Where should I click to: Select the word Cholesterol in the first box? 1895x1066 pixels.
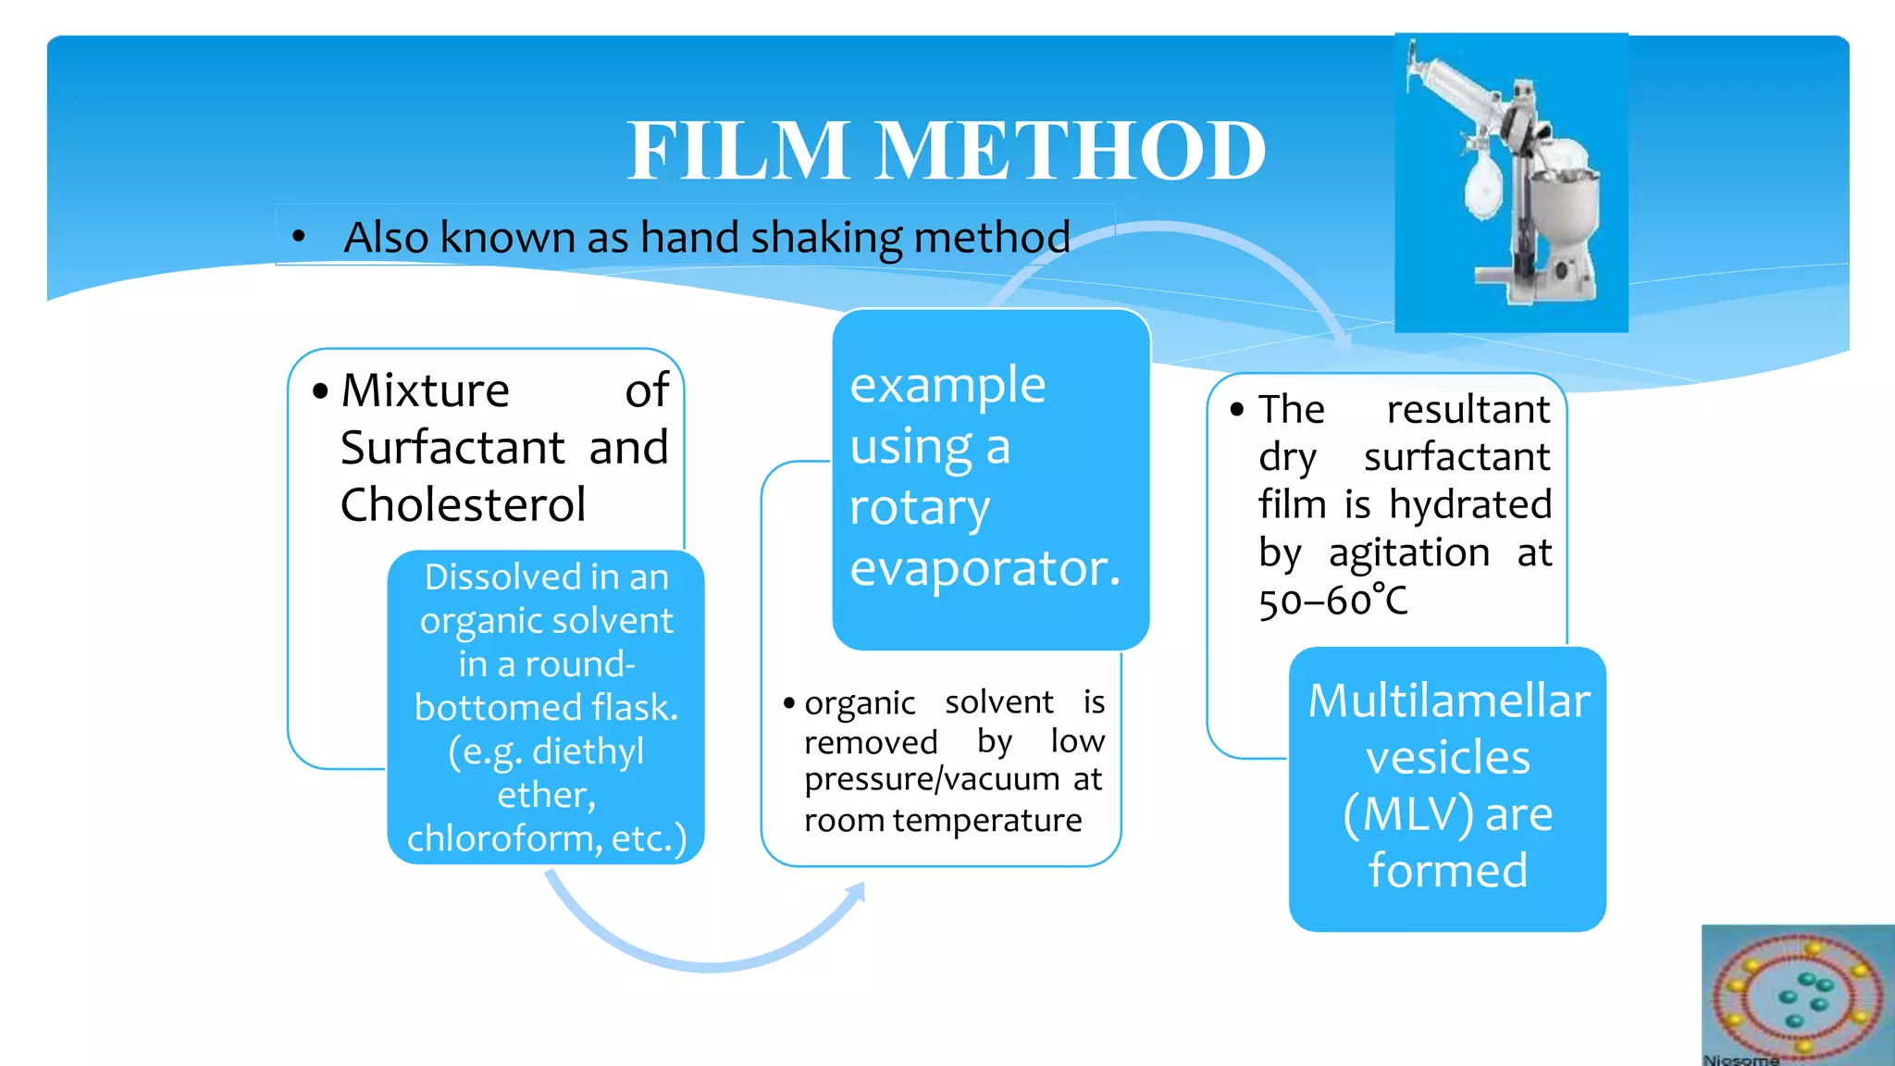click(463, 505)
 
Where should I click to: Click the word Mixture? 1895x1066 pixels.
click(426, 390)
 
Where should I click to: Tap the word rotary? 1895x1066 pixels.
click(920, 508)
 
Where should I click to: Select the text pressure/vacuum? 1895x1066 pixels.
click(933, 779)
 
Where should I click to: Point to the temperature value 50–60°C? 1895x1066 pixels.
click(1332, 601)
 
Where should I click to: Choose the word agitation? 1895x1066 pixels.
click(1409, 553)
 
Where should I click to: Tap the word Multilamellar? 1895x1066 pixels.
click(1449, 700)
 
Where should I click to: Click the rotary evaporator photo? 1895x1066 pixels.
click(1511, 183)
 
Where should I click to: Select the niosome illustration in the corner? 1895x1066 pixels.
click(1797, 995)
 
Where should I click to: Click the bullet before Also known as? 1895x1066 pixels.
click(298, 237)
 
